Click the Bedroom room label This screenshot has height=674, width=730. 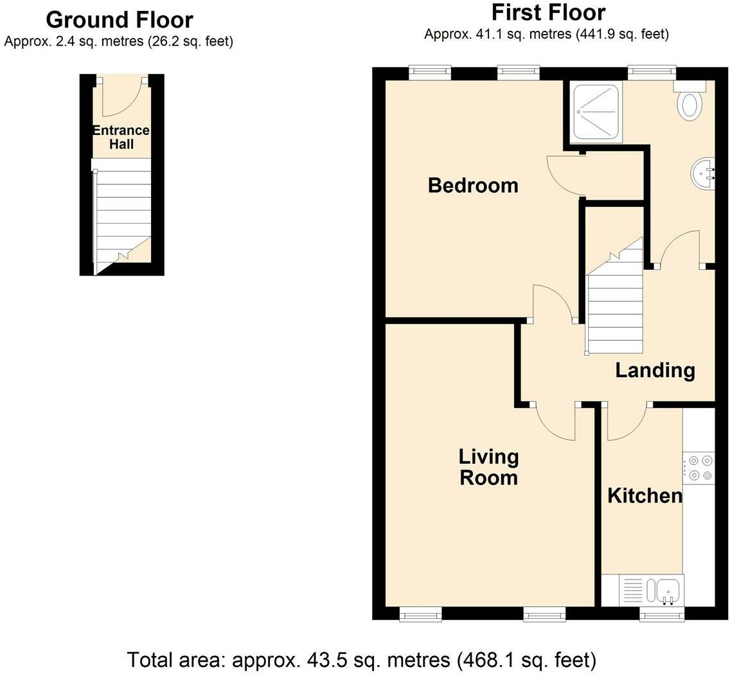pyautogui.click(x=473, y=185)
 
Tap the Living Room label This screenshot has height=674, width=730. pyautogui.click(x=489, y=467)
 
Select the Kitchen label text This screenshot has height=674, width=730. pyautogui.click(x=645, y=496)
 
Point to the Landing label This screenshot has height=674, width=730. pyautogui.click(x=655, y=370)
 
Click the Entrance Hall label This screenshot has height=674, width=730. pyautogui.click(x=121, y=137)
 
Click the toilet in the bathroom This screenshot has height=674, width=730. pyautogui.click(x=690, y=100)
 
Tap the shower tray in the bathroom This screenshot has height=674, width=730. pyautogui.click(x=598, y=112)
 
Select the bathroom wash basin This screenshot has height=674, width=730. pyautogui.click(x=703, y=173)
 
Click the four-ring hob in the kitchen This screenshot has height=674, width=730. pyautogui.click(x=699, y=468)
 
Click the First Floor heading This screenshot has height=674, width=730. pyautogui.click(x=548, y=13)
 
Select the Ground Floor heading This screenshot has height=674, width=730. pyautogui.click(x=120, y=20)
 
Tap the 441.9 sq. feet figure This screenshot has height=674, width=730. pyautogui.click(x=622, y=34)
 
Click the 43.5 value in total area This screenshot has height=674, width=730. pyautogui.click(x=322, y=660)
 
